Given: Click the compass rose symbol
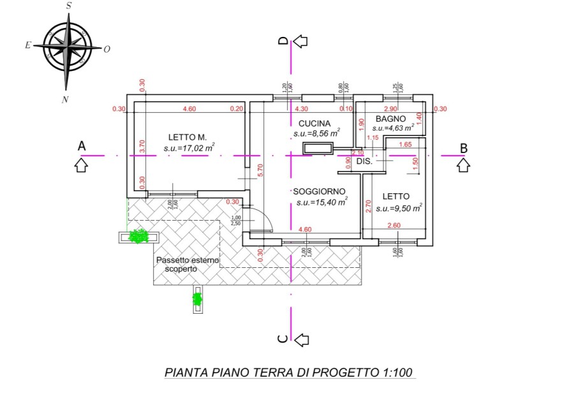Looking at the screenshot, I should (x=68, y=48).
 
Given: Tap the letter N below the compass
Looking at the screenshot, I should (x=65, y=99).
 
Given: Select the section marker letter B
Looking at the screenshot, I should (x=464, y=147).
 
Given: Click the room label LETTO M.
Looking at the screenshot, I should (x=188, y=137).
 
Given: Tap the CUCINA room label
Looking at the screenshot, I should (x=314, y=124).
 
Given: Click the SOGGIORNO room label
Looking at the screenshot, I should (x=319, y=191).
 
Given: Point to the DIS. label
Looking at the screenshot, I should (x=364, y=161).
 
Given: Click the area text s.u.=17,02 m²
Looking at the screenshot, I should (x=189, y=148).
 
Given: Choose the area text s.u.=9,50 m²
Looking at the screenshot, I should (x=399, y=208).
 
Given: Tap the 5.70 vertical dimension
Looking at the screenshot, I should (x=260, y=170).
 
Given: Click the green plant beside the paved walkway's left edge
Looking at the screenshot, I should (x=138, y=237).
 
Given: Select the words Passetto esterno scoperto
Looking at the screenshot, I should (x=188, y=265).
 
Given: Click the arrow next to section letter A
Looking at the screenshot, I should (x=81, y=166).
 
